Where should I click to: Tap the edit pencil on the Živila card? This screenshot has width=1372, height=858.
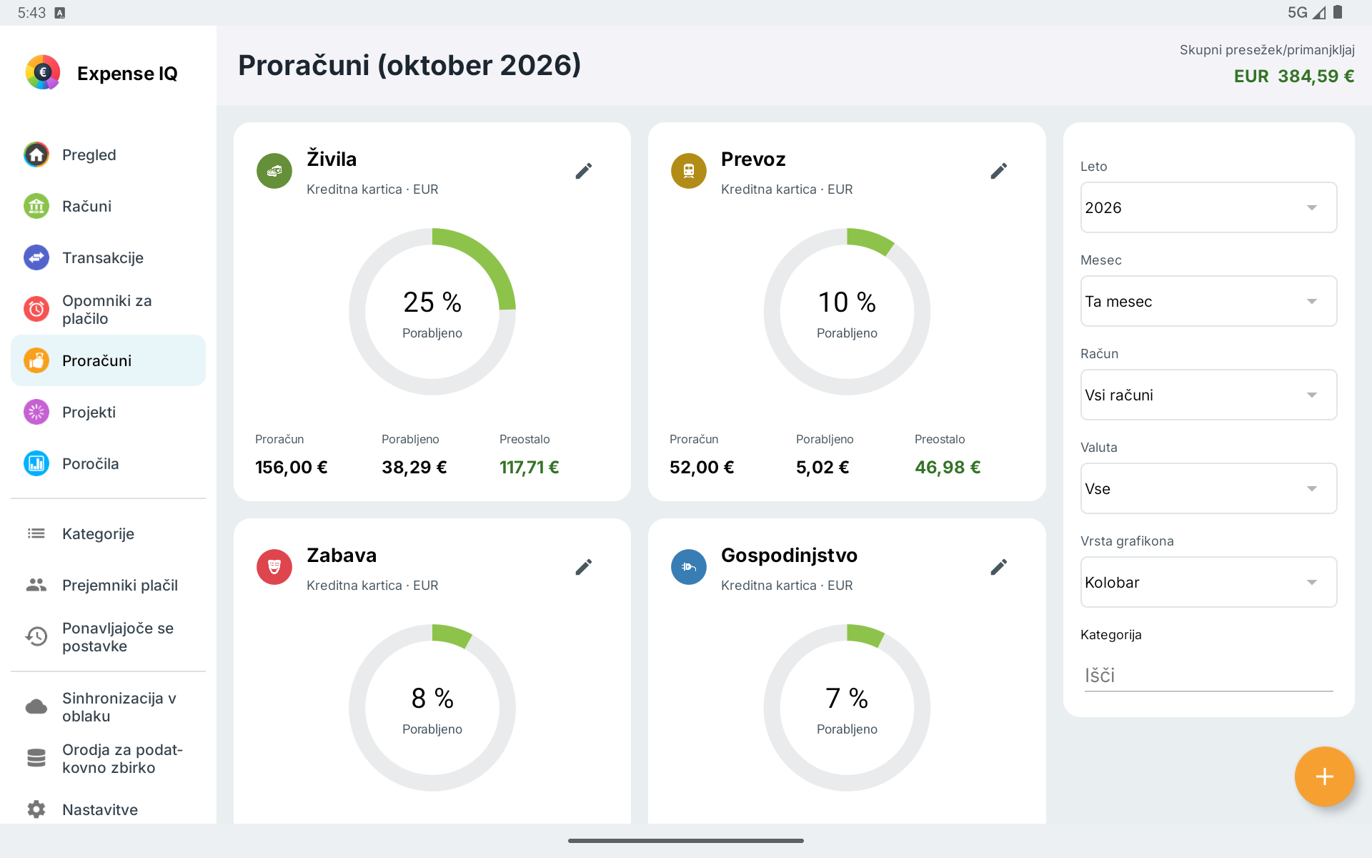click(x=584, y=171)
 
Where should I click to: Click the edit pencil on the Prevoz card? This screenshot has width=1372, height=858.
click(x=999, y=171)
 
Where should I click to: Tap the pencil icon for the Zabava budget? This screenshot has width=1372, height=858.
click(x=584, y=567)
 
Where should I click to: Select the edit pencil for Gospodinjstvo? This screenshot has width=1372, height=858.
click(x=999, y=567)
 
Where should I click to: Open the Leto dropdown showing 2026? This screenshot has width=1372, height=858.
click(x=1208, y=207)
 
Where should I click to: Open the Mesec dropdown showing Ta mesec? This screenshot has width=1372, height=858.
click(x=1208, y=301)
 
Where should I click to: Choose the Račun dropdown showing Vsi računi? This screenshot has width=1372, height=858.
click(x=1208, y=395)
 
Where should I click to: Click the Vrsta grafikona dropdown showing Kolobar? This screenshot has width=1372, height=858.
click(x=1208, y=582)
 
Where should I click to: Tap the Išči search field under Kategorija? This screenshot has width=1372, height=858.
click(x=1208, y=676)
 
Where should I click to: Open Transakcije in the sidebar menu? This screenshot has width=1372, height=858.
click(x=103, y=257)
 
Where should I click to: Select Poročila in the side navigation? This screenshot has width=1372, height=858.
click(x=90, y=463)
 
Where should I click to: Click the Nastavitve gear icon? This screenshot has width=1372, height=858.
click(x=36, y=809)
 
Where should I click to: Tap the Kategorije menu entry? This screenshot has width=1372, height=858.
click(x=98, y=533)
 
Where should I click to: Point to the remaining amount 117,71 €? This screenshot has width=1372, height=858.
click(x=530, y=467)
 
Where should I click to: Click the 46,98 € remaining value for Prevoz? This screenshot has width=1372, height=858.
click(x=948, y=467)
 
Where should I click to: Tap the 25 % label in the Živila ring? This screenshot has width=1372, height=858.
click(x=432, y=302)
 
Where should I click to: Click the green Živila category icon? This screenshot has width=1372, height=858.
click(x=274, y=171)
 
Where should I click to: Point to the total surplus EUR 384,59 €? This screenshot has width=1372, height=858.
click(x=1294, y=76)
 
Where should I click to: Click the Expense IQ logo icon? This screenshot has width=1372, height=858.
click(x=43, y=72)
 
